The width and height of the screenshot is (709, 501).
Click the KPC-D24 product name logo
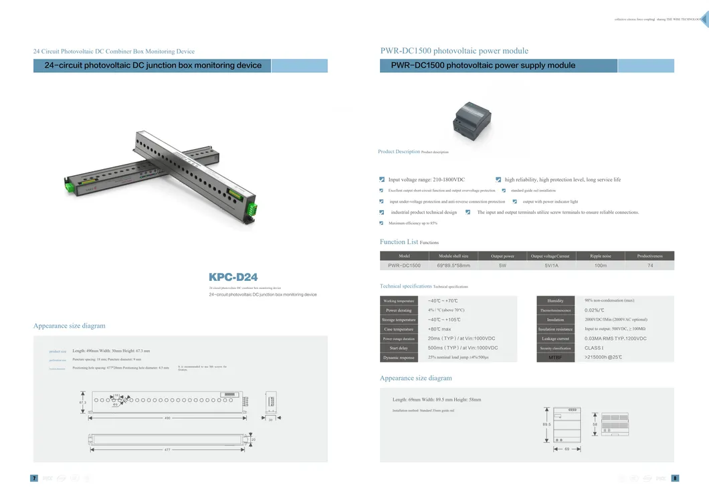(x=233, y=277)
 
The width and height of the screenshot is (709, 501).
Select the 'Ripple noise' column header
(x=600, y=256)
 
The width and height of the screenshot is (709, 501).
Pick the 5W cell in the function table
(x=502, y=266)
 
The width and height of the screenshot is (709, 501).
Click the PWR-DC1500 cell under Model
(x=404, y=266)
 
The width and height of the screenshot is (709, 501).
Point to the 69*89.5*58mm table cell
(x=453, y=266)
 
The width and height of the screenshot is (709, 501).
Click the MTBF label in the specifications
(x=555, y=358)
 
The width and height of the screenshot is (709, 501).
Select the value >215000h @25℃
(x=603, y=358)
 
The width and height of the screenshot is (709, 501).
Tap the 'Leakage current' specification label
(x=555, y=339)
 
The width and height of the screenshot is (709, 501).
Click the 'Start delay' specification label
(x=399, y=348)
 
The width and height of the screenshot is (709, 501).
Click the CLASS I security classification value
(x=594, y=348)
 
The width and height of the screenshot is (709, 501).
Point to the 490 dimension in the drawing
(x=167, y=418)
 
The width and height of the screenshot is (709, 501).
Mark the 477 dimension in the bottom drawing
(x=167, y=449)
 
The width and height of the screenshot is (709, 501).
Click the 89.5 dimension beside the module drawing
(x=546, y=425)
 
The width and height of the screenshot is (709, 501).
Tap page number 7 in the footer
(x=34, y=478)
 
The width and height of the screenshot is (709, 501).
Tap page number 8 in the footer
(x=675, y=478)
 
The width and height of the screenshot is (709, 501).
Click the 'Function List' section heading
(x=399, y=242)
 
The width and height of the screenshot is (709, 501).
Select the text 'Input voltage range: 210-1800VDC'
(x=426, y=180)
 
